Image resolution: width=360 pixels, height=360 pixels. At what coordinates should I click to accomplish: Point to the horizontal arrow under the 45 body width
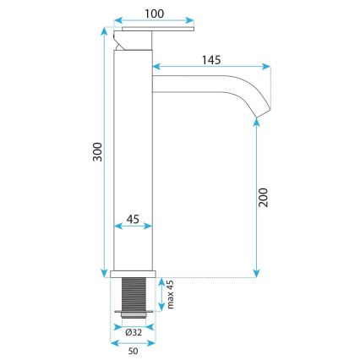[x=134, y=226]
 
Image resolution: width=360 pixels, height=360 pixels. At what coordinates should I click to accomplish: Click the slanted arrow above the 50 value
[x=133, y=340]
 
